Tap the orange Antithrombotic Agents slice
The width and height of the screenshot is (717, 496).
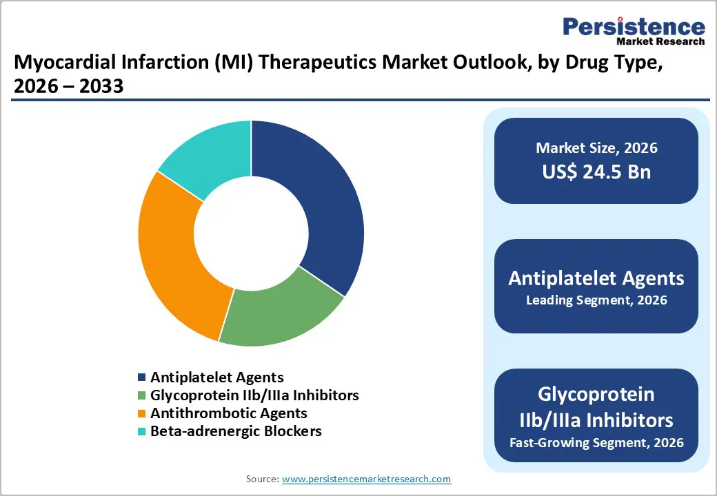click(172, 255)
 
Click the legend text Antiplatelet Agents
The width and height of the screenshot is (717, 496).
click(217, 377)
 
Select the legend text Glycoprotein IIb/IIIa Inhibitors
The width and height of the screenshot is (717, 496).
click(254, 395)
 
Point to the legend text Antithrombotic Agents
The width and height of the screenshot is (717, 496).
click(229, 413)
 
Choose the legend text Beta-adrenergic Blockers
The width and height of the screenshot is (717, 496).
click(236, 431)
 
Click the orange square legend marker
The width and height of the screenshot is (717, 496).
click(142, 414)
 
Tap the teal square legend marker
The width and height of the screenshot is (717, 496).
click(142, 432)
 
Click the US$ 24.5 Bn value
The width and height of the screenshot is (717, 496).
click(596, 172)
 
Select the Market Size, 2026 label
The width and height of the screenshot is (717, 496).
click(596, 148)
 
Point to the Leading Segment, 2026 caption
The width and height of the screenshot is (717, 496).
click(596, 300)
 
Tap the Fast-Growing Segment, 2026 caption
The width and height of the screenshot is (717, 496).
click(596, 442)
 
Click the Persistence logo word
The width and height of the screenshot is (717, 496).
click(634, 27)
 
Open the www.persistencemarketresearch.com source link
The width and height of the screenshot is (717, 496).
click(366, 479)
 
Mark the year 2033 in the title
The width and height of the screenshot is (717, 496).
click(103, 87)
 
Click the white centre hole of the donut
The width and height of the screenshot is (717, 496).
click(251, 234)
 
